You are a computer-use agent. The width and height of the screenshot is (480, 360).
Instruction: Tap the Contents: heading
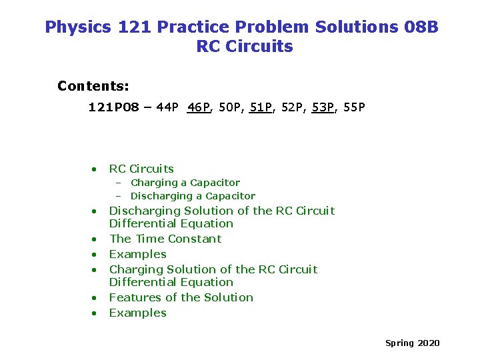tap(93, 86)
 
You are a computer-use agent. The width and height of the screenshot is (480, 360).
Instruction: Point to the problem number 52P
tap(292, 107)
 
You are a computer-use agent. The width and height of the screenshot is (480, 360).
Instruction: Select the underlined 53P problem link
tap(323, 107)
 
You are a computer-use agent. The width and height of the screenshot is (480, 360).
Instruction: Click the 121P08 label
tap(114, 107)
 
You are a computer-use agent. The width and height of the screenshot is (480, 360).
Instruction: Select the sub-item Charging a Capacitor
tap(185, 183)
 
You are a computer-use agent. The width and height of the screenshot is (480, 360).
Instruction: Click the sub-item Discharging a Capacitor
tap(193, 196)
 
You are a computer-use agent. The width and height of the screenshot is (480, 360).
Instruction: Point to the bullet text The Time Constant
tap(165, 239)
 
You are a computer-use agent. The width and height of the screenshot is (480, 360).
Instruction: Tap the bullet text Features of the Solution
tap(181, 297)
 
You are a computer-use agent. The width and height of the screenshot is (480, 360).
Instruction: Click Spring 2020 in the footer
tap(412, 343)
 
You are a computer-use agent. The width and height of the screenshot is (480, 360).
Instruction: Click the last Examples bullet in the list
tap(137, 313)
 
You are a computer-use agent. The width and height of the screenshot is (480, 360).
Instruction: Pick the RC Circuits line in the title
tap(245, 47)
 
